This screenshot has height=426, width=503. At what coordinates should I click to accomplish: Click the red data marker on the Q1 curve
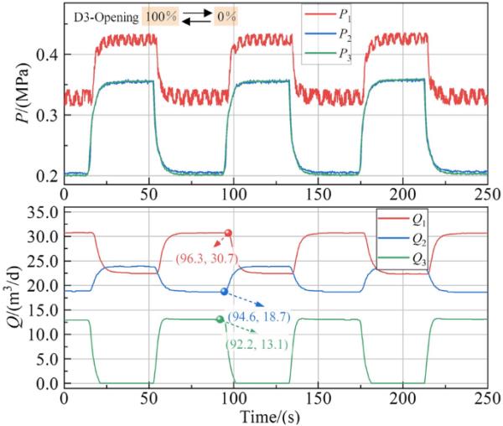(228, 233)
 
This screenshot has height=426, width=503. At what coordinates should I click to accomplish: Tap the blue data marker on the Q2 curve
(224, 291)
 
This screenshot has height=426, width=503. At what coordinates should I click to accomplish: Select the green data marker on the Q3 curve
(220, 319)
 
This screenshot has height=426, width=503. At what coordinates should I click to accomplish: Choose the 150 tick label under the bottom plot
(318, 397)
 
